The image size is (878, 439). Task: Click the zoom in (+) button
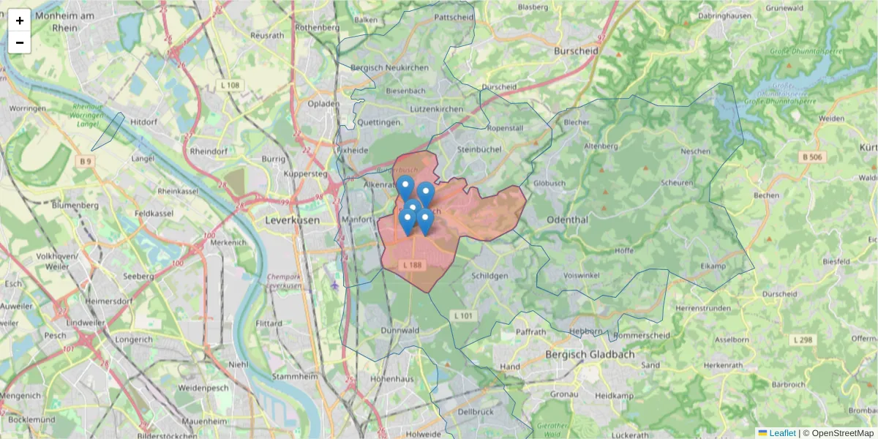tap(20, 20)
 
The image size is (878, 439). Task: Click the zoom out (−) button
tap(20, 42)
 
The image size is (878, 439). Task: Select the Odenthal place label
tap(568, 219)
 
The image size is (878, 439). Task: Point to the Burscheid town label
tap(577, 51)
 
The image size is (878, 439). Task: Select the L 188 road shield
tap(412, 264)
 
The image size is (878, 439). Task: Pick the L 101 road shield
tap(464, 315)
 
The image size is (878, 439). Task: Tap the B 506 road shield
tap(812, 157)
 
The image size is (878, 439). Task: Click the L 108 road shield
tap(230, 86)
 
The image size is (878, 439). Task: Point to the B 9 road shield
tap(86, 161)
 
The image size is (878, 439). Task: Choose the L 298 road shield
tap(803, 339)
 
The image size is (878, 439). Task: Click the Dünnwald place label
tap(399, 331)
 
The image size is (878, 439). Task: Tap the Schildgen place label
tap(489, 276)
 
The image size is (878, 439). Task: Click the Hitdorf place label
tap(143, 122)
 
